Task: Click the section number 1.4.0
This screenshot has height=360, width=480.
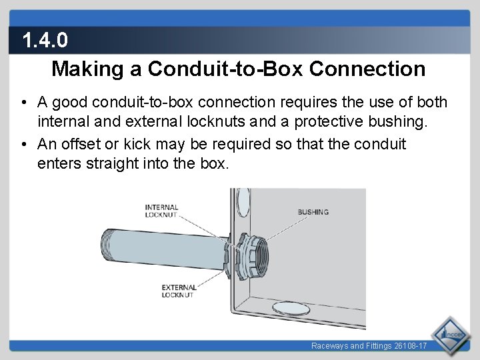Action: tap(45, 40)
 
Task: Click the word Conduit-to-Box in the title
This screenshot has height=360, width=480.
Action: tap(225, 69)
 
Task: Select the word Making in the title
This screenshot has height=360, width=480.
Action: tap(87, 69)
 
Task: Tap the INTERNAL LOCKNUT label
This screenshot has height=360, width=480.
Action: tap(161, 211)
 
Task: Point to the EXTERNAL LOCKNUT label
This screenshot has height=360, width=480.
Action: tap(179, 291)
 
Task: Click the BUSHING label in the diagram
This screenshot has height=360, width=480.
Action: tap(313, 212)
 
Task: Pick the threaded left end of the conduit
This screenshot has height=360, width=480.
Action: tap(105, 244)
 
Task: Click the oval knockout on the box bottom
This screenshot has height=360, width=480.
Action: tap(291, 308)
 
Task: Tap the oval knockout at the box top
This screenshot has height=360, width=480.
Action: tap(243, 202)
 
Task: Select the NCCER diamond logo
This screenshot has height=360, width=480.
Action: tap(450, 335)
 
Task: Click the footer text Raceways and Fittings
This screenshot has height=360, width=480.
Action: tap(351, 346)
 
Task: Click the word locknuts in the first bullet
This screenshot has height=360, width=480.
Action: tap(216, 121)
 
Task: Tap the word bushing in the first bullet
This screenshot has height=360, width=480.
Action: tap(397, 122)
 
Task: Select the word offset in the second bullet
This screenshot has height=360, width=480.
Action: tap(81, 144)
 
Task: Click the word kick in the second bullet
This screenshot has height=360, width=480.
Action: tap(137, 144)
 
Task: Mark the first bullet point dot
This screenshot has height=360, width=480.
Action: tap(24, 102)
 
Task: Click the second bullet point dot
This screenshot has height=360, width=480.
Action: tap(24, 144)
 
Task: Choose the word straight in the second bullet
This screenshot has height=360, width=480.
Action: tap(112, 163)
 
